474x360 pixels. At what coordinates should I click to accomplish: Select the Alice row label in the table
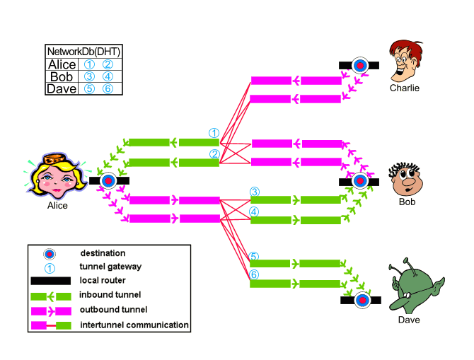click(62, 64)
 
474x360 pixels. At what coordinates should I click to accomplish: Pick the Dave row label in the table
click(62, 88)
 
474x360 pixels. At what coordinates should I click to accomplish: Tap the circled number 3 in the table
click(90, 76)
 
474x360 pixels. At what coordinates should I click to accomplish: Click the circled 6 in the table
click(107, 88)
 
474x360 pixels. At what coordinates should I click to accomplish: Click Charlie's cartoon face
click(405, 61)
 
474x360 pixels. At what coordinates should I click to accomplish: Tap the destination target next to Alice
click(108, 181)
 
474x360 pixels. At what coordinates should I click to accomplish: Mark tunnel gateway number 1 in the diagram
click(214, 133)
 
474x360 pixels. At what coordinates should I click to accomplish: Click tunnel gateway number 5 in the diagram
click(255, 256)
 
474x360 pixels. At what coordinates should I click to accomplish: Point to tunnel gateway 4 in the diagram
click(255, 211)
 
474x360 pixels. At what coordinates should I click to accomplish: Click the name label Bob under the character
click(406, 202)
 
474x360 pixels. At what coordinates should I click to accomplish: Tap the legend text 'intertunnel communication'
click(134, 325)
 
